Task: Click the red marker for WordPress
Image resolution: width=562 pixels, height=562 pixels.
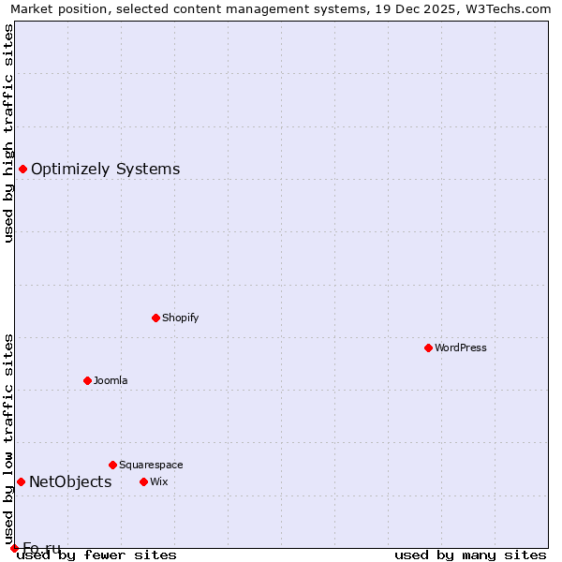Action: (428, 348)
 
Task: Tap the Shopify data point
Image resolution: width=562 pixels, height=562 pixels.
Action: (155, 318)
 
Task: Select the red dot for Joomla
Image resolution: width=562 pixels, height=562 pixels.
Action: (87, 380)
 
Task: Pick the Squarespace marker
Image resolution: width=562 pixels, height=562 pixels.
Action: (112, 465)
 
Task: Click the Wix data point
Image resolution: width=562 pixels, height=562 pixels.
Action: (143, 481)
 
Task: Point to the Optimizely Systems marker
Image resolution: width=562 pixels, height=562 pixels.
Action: (22, 169)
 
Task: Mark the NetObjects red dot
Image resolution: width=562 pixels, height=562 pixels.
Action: (21, 481)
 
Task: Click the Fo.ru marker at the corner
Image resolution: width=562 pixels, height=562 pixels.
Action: (14, 548)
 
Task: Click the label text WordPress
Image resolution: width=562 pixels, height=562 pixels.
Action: (461, 348)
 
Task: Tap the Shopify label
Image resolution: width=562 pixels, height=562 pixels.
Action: (181, 318)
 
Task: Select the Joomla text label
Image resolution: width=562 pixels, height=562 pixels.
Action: (111, 380)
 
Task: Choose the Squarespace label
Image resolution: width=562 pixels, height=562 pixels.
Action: (151, 465)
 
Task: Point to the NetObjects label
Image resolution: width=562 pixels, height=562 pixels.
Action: (70, 482)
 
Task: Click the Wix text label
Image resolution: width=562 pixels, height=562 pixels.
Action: (158, 481)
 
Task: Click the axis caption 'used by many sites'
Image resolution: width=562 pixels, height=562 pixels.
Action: (470, 555)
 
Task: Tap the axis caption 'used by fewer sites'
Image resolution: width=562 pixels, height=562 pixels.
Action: (96, 555)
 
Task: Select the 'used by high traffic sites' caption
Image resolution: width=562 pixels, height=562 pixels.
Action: (9, 133)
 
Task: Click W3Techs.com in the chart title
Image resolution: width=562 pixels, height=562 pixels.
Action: (510, 8)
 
